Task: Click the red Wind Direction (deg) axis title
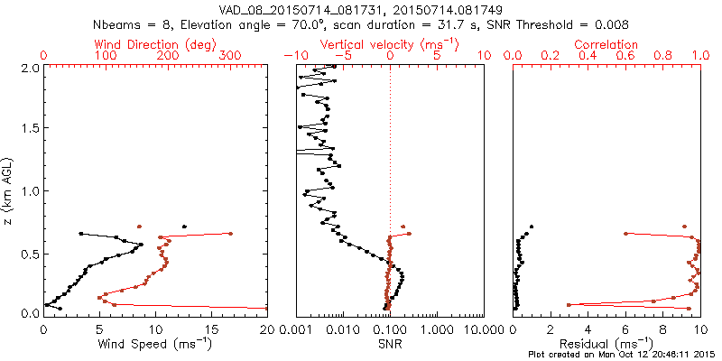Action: pos(155,44)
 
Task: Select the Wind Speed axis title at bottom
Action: pos(155,344)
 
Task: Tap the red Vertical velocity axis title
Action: pos(390,44)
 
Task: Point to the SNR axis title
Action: pos(390,344)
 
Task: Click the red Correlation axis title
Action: pos(607,44)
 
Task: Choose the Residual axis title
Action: pos(607,344)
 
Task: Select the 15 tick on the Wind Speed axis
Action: pos(211,329)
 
